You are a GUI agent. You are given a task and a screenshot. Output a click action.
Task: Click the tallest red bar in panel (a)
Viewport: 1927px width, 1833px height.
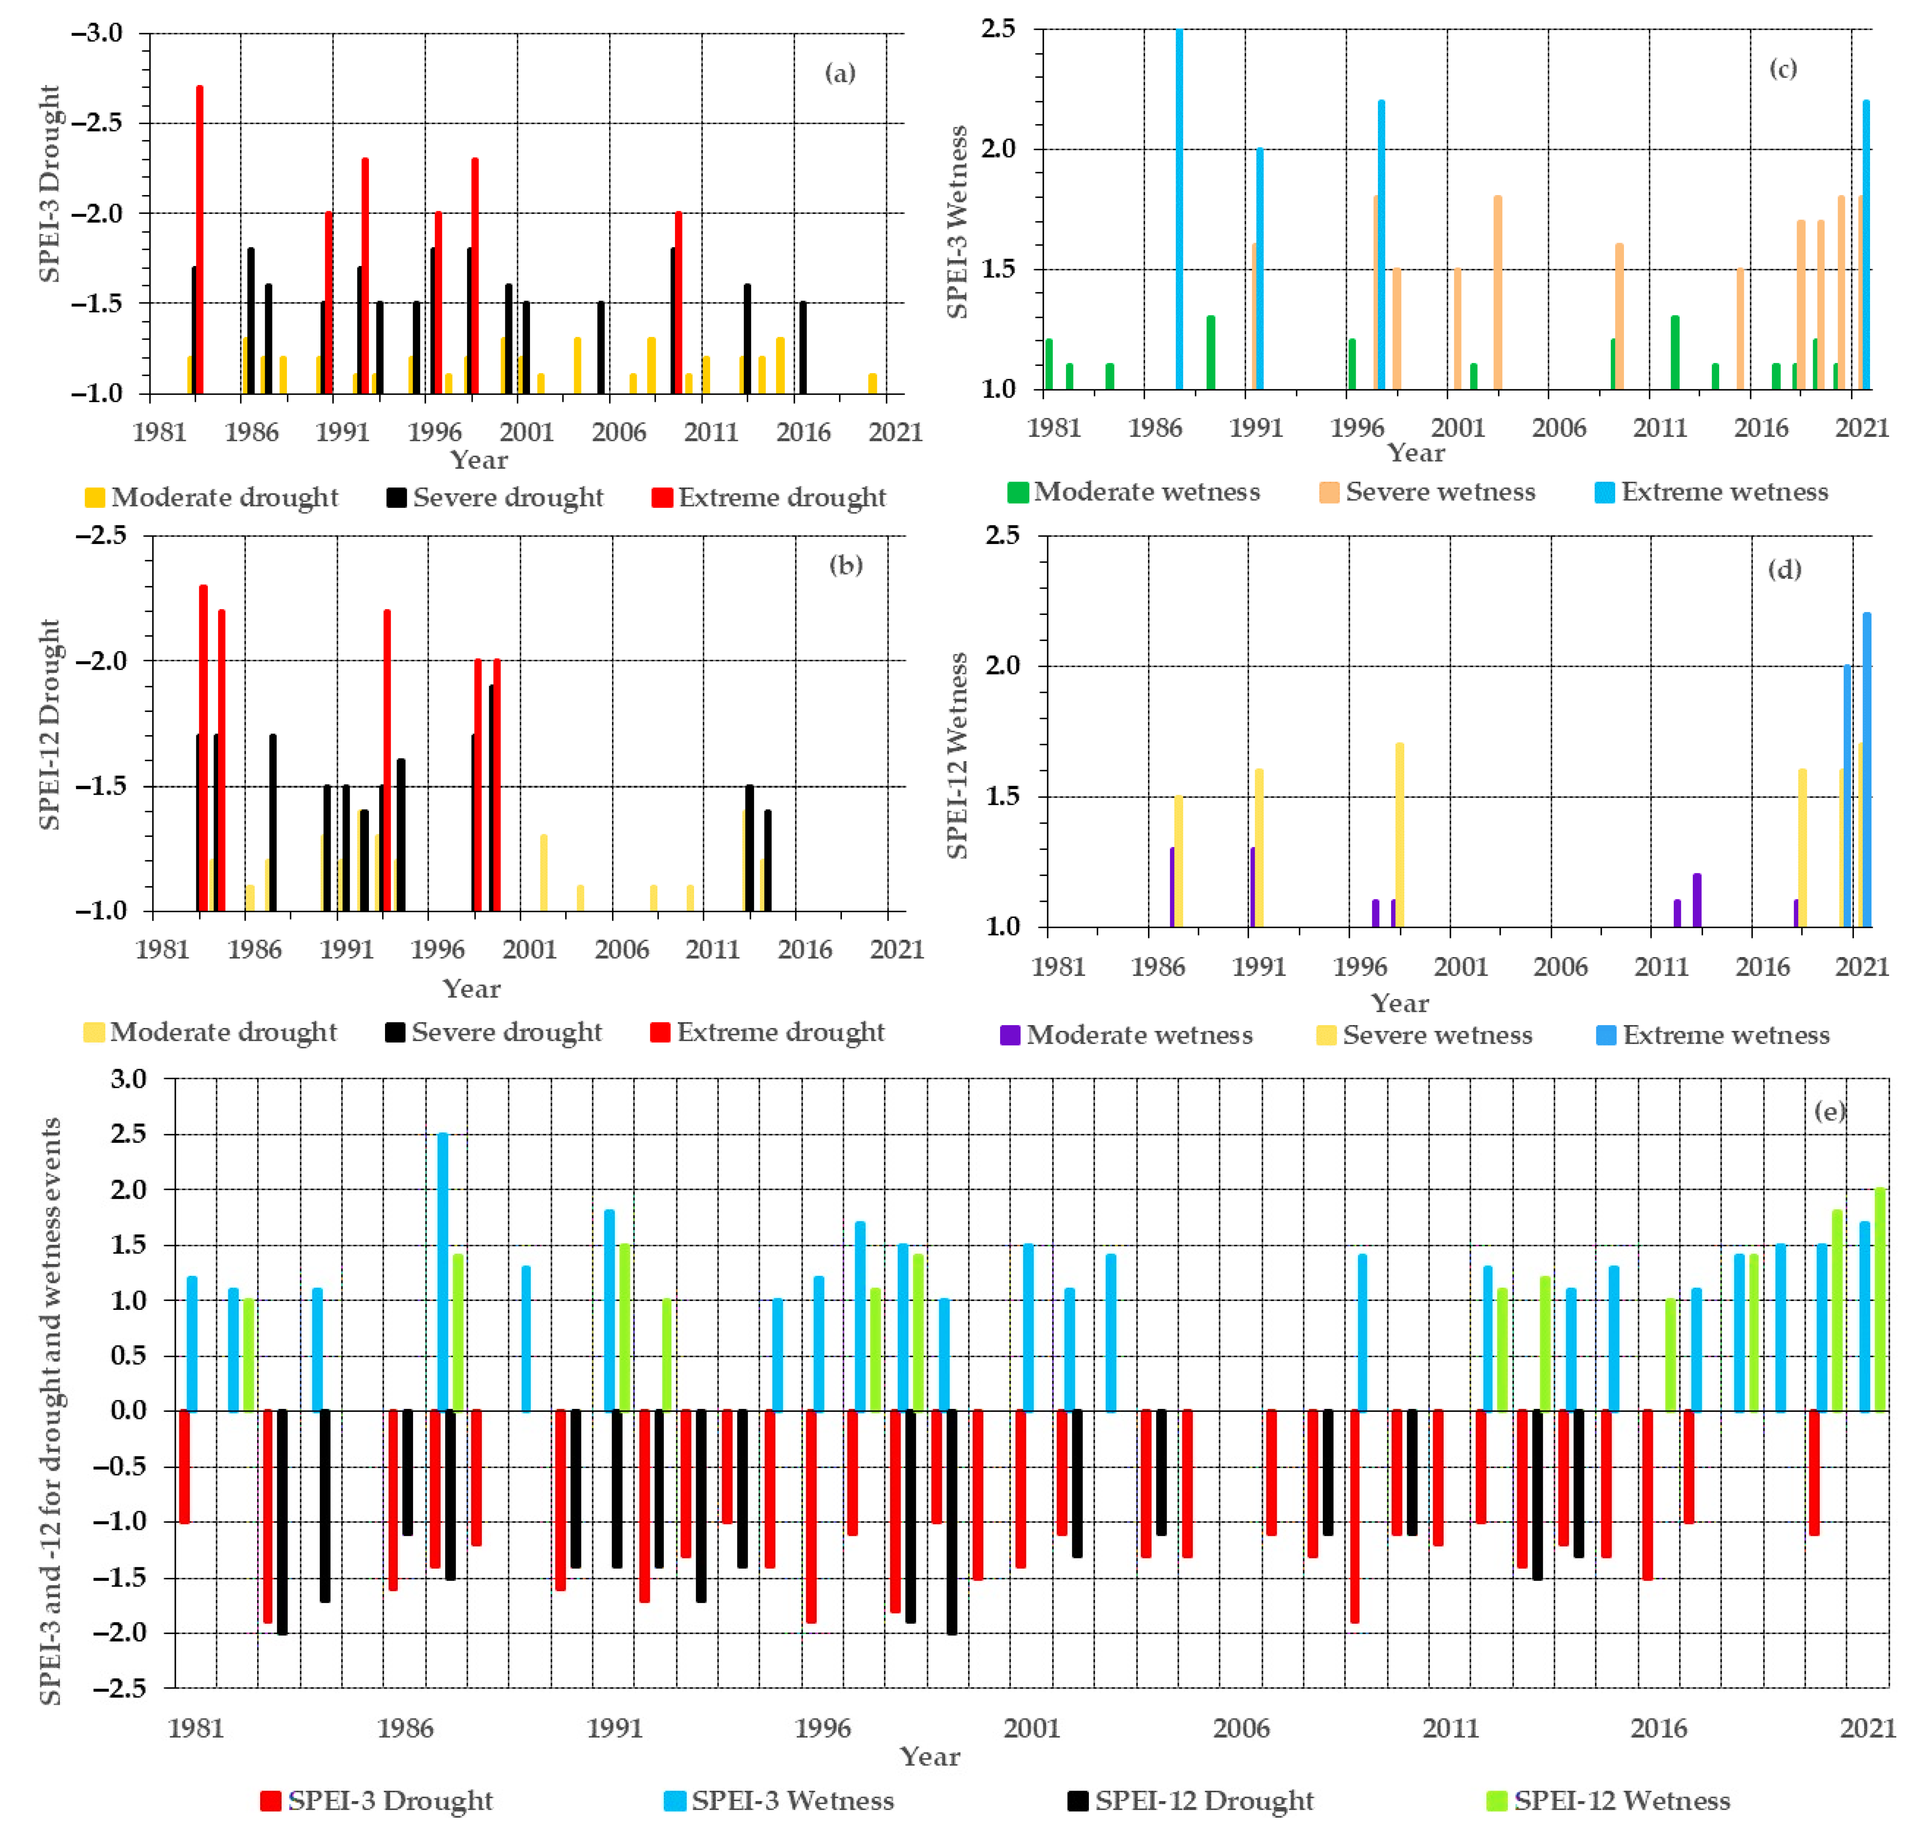click(x=199, y=239)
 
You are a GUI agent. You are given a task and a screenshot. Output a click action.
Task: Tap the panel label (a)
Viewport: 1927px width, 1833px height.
click(x=839, y=73)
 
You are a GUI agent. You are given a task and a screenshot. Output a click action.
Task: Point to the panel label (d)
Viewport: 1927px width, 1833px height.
click(x=1784, y=569)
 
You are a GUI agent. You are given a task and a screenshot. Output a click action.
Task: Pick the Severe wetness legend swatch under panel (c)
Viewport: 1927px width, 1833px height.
click(x=1329, y=493)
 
